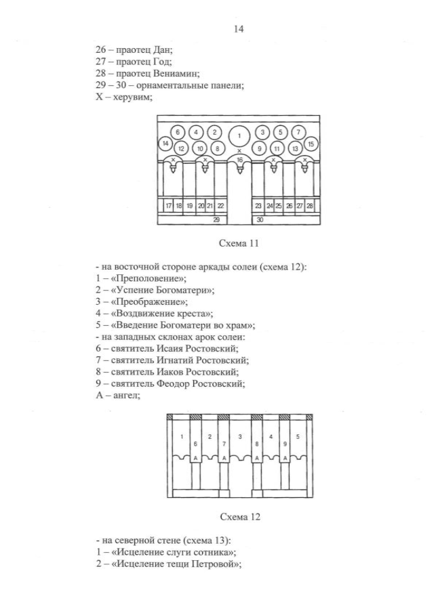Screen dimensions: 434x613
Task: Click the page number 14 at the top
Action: point(238,29)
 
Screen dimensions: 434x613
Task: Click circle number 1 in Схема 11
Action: point(239,136)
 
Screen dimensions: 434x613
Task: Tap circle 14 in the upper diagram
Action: point(165,144)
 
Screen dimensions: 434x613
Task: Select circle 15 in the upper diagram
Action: point(311,144)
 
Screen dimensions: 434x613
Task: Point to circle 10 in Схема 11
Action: point(200,148)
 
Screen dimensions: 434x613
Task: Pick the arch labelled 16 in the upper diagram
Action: point(239,159)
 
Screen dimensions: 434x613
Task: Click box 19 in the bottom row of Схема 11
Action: point(189,206)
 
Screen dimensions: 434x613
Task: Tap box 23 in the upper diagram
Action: point(258,206)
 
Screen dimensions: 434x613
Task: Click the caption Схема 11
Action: point(239,243)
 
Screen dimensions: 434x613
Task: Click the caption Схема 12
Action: point(240,517)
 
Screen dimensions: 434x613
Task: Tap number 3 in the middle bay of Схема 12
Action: point(240,437)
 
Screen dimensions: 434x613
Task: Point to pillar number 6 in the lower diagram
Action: point(195,444)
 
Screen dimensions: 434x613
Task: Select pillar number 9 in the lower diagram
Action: point(285,444)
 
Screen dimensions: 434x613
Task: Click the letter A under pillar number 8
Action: point(257,458)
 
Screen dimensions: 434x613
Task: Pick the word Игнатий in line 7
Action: point(175,360)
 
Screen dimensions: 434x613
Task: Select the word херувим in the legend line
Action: point(133,98)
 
